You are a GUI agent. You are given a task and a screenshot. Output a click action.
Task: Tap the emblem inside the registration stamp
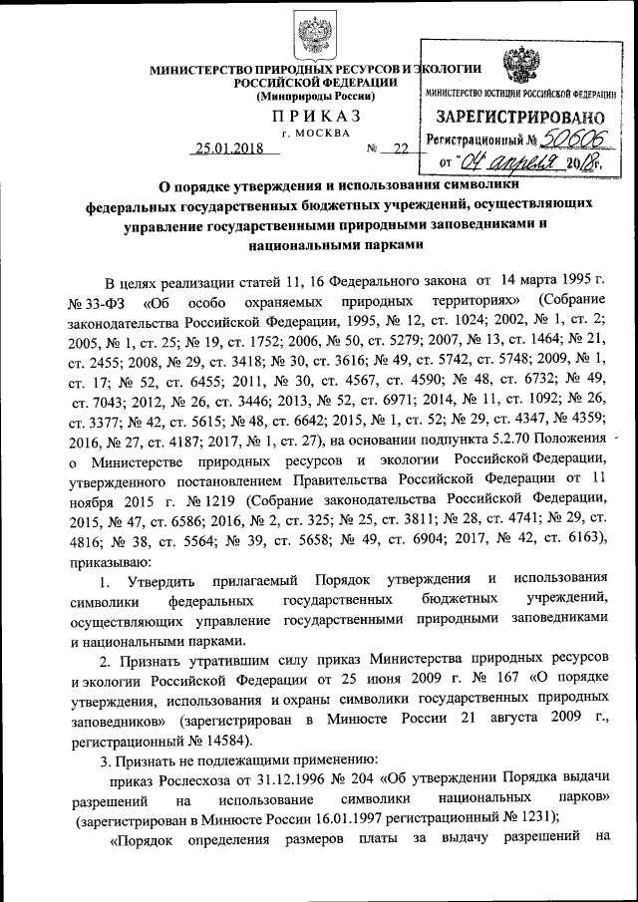click(x=520, y=67)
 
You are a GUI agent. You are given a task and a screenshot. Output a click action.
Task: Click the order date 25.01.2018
click(x=226, y=150)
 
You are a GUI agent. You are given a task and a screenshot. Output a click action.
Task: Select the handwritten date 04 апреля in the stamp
click(x=505, y=162)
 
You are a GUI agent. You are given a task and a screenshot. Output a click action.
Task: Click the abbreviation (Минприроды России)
click(x=317, y=97)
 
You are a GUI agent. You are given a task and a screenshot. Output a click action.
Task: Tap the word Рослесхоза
click(x=199, y=780)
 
